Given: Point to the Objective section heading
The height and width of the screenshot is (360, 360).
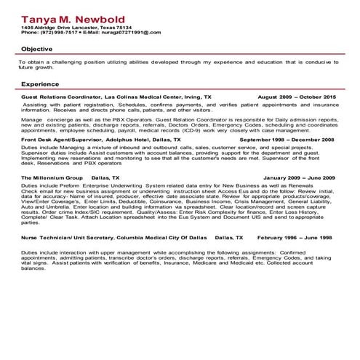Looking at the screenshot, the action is point(36,48).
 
